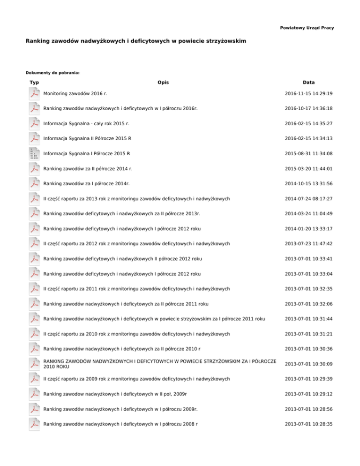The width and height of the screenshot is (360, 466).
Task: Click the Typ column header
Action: [34, 83]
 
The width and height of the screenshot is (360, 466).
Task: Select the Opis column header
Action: [163, 83]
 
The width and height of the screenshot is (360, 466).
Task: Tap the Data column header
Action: [308, 83]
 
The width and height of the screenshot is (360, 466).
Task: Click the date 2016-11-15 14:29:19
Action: [308, 94]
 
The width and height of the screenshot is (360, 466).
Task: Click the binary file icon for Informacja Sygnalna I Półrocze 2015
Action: [34, 154]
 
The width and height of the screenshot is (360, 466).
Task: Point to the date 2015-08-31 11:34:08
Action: [308, 154]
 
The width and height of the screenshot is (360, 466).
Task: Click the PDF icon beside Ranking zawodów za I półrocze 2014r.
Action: [34, 184]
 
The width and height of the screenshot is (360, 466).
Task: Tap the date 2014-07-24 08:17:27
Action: [308, 199]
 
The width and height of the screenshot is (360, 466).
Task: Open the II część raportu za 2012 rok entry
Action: [136, 244]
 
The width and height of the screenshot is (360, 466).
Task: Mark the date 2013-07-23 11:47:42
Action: [308, 244]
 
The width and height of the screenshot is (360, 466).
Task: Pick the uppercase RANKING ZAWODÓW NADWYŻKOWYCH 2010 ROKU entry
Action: [159, 364]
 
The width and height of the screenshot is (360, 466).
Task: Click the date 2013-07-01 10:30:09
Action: [308, 364]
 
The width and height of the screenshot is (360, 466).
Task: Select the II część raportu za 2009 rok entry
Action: [136, 379]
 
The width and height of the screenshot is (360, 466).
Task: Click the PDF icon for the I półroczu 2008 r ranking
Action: [34, 424]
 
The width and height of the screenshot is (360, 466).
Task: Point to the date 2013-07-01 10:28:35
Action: [308, 424]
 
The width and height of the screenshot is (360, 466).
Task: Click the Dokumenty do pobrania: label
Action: [52, 73]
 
